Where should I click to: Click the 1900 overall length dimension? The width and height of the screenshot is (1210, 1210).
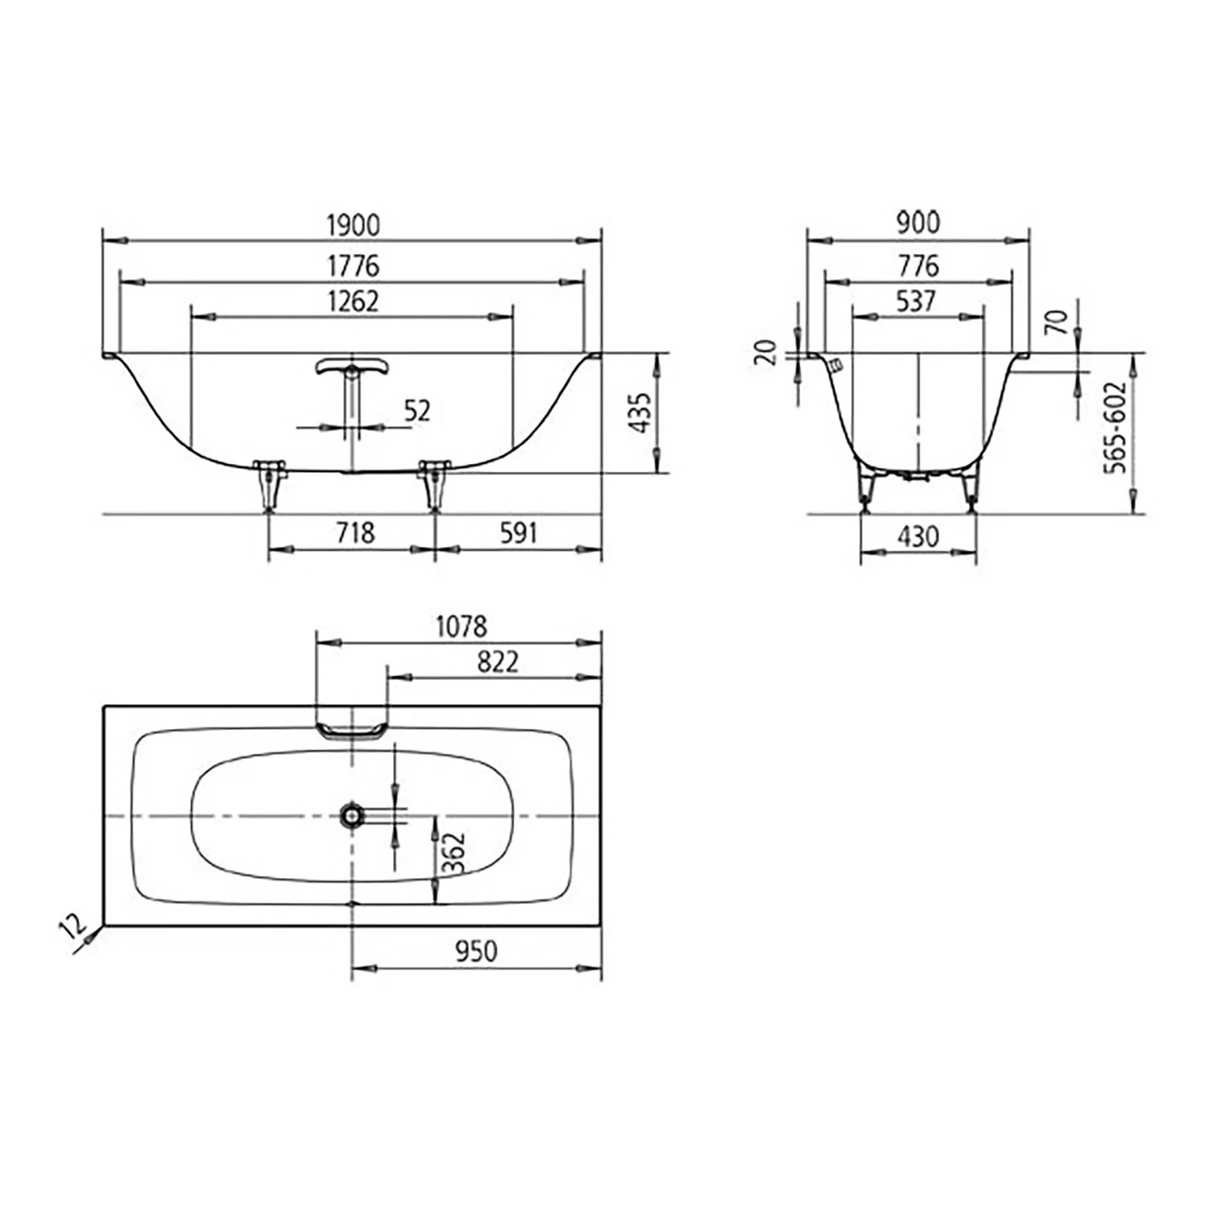coord(353,225)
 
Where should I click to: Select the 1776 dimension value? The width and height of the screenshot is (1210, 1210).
coord(353,265)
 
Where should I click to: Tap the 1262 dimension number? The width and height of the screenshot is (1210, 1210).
coord(353,301)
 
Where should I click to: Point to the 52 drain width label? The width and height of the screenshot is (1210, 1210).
coord(416,411)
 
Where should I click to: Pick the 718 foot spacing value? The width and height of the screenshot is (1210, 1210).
coord(355,532)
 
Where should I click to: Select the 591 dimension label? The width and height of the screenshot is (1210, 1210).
coord(518,532)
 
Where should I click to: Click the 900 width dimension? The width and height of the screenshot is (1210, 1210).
coord(918,223)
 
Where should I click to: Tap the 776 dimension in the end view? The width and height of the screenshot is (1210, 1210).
coord(918,265)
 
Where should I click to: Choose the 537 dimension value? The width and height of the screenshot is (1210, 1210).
coord(916,301)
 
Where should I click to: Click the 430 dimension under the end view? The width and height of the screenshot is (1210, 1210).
coord(918,536)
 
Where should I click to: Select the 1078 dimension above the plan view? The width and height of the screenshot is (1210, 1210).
coord(461,626)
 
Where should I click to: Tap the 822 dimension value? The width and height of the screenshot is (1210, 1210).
coord(497,661)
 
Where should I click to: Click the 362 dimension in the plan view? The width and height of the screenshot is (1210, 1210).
coord(454,853)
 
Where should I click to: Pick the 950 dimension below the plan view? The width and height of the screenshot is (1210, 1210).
coord(476,951)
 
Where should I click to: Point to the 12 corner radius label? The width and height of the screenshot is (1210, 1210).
coord(73,926)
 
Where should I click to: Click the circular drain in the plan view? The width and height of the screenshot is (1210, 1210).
coord(352,816)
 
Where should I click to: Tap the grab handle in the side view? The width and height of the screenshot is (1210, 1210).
coord(351,368)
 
